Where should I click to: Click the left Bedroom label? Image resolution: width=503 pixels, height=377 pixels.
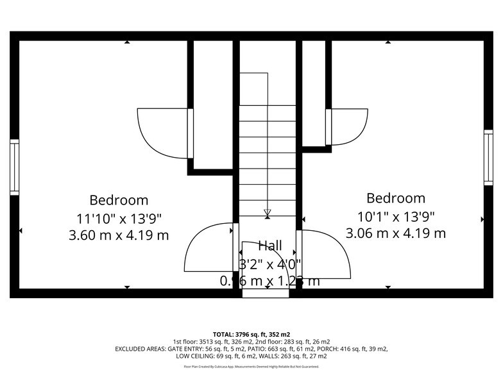(119, 200)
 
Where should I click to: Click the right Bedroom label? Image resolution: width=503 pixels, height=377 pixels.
(396, 198)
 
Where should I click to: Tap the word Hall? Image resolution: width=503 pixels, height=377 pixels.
(269, 245)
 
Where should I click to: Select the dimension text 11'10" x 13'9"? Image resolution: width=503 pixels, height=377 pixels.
(119, 218)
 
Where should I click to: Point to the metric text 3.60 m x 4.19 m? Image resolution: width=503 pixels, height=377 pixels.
(119, 235)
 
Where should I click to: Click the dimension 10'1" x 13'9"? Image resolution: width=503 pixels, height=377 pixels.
(396, 216)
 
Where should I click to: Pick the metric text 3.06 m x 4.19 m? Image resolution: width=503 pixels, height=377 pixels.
(396, 233)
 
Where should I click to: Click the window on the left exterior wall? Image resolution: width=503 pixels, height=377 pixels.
(14, 167)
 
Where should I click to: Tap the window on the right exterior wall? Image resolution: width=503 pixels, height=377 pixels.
(488, 158)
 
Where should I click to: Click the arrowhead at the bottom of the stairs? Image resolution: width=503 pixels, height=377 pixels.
(268, 213)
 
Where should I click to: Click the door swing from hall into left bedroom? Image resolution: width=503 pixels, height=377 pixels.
(209, 248)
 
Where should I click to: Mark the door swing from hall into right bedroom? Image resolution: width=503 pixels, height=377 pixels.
(325, 253)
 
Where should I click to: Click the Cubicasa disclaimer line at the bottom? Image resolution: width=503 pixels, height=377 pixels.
(251, 367)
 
